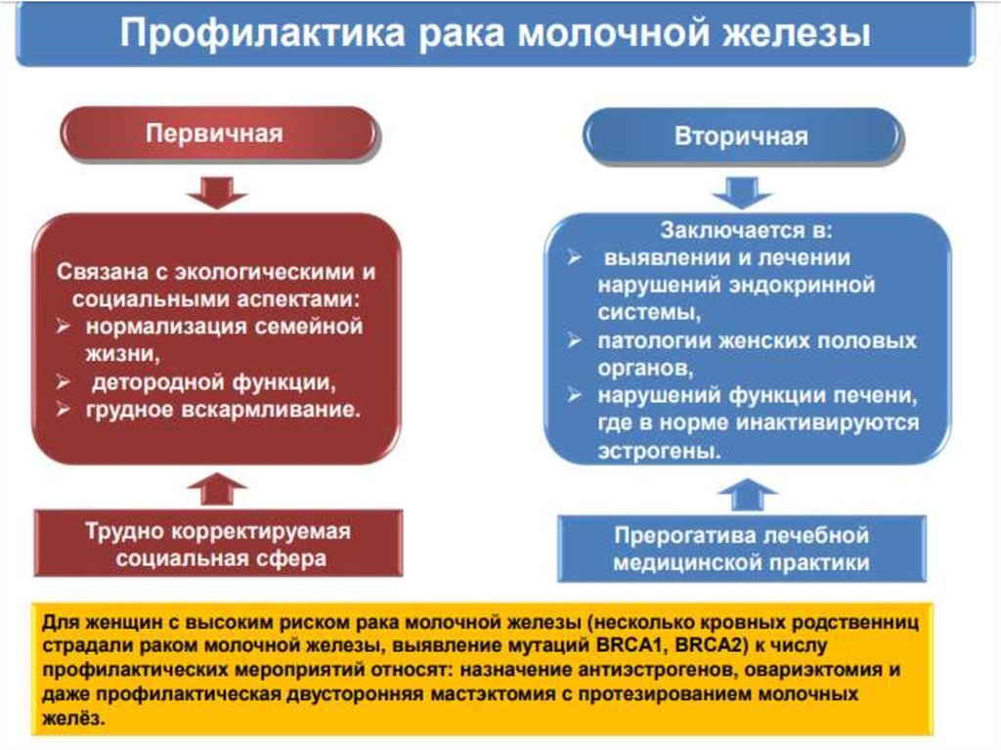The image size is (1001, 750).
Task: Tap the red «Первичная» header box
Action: coord(217,133)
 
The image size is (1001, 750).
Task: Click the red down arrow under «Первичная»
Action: coord(217,191)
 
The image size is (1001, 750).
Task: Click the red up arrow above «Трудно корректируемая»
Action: coord(217,488)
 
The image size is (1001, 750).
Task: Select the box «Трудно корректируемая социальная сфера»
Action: coord(218,545)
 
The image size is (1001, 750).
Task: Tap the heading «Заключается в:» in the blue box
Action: coord(746,233)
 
